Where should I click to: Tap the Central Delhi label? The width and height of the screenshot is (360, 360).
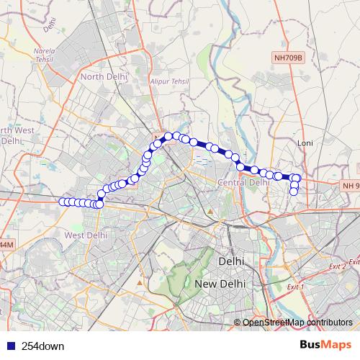[243, 183]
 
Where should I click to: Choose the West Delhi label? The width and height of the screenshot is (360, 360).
[86, 235]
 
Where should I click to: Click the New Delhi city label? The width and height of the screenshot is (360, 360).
[220, 284]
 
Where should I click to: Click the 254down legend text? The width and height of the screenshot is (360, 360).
[42, 346]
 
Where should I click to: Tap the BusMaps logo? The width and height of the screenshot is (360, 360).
[325, 345]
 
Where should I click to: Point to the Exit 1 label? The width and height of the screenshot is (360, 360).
[295, 287]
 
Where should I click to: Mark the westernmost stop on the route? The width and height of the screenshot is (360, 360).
[62, 202]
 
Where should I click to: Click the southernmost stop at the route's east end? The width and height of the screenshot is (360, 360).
[294, 192]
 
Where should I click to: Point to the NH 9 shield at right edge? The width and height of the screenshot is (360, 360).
[351, 186]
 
